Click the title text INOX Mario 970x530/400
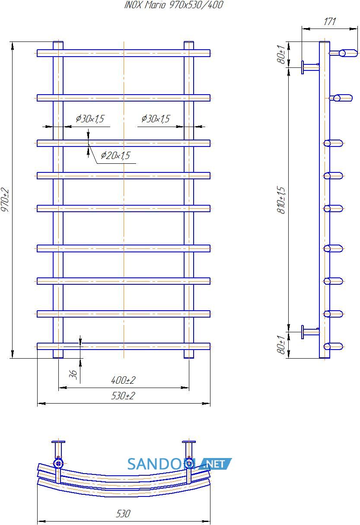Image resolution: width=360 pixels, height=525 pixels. point(174,5)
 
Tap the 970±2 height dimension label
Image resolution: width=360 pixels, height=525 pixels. point(5,200)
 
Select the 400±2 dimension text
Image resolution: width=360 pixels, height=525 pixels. point(123,380)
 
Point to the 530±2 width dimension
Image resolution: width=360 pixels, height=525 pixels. point(123,396)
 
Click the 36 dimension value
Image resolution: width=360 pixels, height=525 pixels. point(73,374)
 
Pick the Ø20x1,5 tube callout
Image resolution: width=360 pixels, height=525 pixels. point(115,155)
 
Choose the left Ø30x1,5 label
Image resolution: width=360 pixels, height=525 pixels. point(90,118)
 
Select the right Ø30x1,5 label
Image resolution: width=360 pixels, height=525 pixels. point(156,118)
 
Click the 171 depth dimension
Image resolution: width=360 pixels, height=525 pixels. point(330,22)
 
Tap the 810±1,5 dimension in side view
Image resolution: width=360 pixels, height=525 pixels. point(281,200)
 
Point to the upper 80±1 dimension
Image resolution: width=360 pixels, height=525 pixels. point(281,54)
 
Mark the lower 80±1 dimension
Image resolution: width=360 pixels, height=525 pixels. point(281,344)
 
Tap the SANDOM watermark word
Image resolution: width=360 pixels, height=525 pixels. point(162,464)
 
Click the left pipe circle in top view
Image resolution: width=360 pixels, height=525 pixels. point(58,464)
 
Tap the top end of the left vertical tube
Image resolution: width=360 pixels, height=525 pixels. point(58,42)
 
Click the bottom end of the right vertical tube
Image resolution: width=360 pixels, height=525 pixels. point(189,358)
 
